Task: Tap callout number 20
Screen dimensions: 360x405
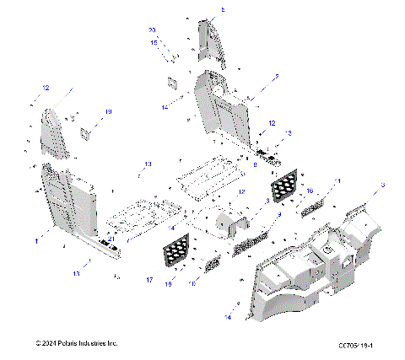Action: coord(153,30)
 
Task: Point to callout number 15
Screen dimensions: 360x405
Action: coord(154,41)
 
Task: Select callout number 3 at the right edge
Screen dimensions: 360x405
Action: coord(382,185)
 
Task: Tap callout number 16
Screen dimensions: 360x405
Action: coord(309,191)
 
